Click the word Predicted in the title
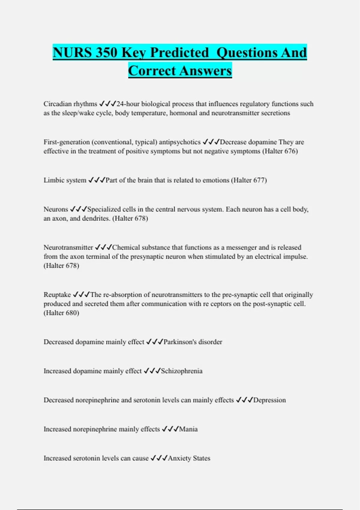pyautogui.click(x=179, y=53)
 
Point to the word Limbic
pyautogui.click(x=53, y=180)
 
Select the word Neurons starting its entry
pyautogui.click(x=56, y=209)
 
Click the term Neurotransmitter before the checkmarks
pyautogui.click(x=68, y=247)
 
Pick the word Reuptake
pyautogui.click(x=57, y=295)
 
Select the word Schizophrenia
pyautogui.click(x=182, y=371)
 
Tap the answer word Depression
pyautogui.click(x=269, y=400)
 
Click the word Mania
pyautogui.click(x=188, y=429)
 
